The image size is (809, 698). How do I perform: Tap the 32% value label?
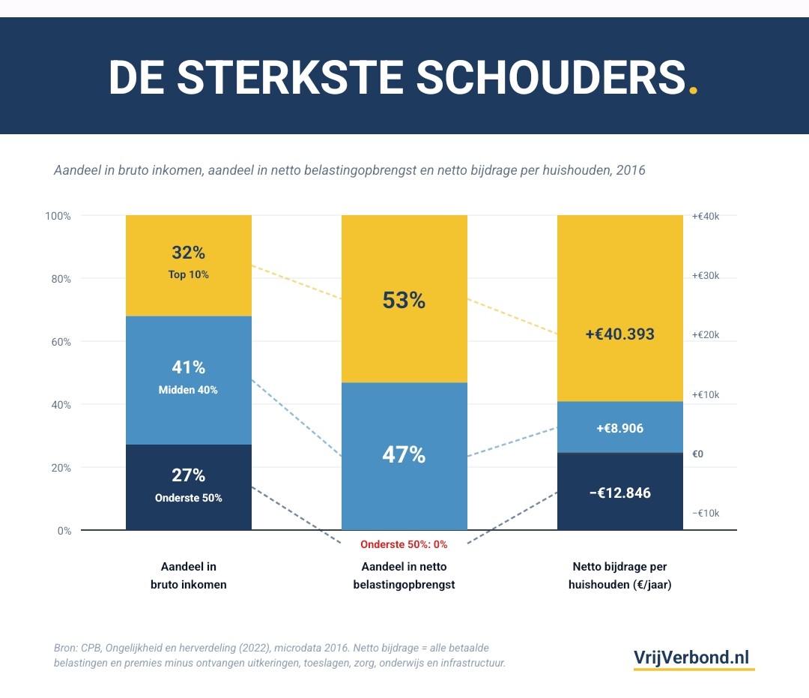[x=188, y=253]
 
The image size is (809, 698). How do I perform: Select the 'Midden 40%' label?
[x=188, y=390]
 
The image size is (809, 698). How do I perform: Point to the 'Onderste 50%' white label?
[x=188, y=498]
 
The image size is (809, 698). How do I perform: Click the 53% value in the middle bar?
[x=404, y=301]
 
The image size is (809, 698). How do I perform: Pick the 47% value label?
[x=404, y=454]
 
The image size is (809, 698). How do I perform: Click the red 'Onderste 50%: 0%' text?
[x=404, y=544]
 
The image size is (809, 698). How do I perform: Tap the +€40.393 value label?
[x=619, y=334]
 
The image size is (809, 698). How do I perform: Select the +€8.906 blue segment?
[x=619, y=428]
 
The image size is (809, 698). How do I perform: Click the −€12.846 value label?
[x=619, y=493]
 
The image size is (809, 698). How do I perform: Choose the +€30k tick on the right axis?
[x=706, y=276]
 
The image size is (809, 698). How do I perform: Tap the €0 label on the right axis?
[x=697, y=454]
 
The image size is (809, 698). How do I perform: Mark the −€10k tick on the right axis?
[x=706, y=514]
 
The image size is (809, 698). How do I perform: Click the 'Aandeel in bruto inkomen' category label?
[x=188, y=576]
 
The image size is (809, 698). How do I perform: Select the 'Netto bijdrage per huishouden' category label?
[x=619, y=576]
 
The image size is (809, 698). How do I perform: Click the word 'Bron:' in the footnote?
[x=67, y=648]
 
